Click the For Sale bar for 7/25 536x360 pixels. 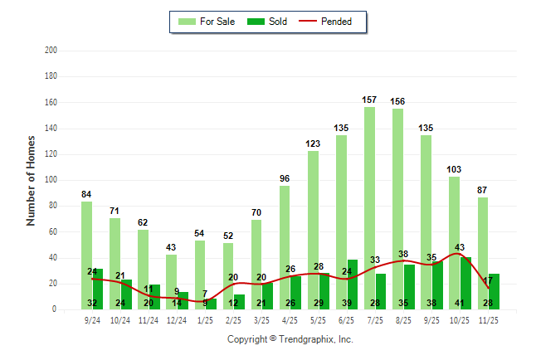(369, 207)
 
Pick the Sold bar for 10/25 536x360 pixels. (465, 282)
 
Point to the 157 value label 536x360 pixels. (369, 100)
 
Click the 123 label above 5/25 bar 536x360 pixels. (313, 144)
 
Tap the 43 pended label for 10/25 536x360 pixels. (460, 247)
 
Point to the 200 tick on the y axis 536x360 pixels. (51, 51)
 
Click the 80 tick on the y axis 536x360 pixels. (53, 206)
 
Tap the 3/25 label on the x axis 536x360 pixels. (261, 319)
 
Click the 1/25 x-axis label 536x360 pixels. (205, 319)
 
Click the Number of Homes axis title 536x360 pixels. (31, 180)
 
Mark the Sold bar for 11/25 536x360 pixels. (494, 291)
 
